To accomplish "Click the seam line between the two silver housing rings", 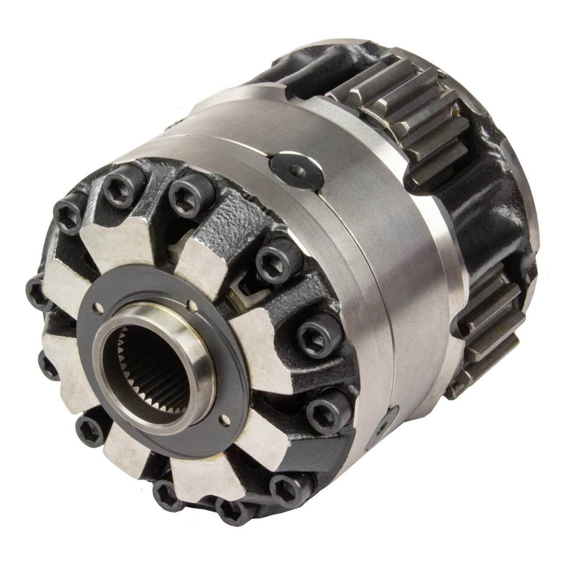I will (352, 229).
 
